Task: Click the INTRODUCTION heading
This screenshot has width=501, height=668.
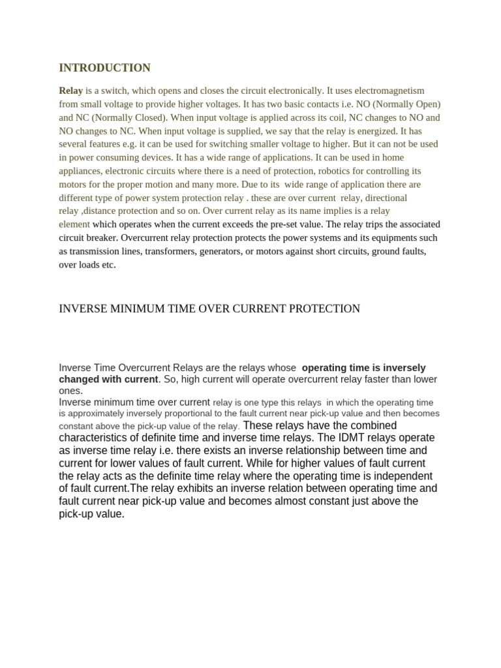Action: click(104, 68)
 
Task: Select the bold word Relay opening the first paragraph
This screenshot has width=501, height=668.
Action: click(71, 91)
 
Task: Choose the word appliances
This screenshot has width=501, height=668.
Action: click(80, 171)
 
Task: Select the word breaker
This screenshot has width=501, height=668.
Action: click(106, 238)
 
